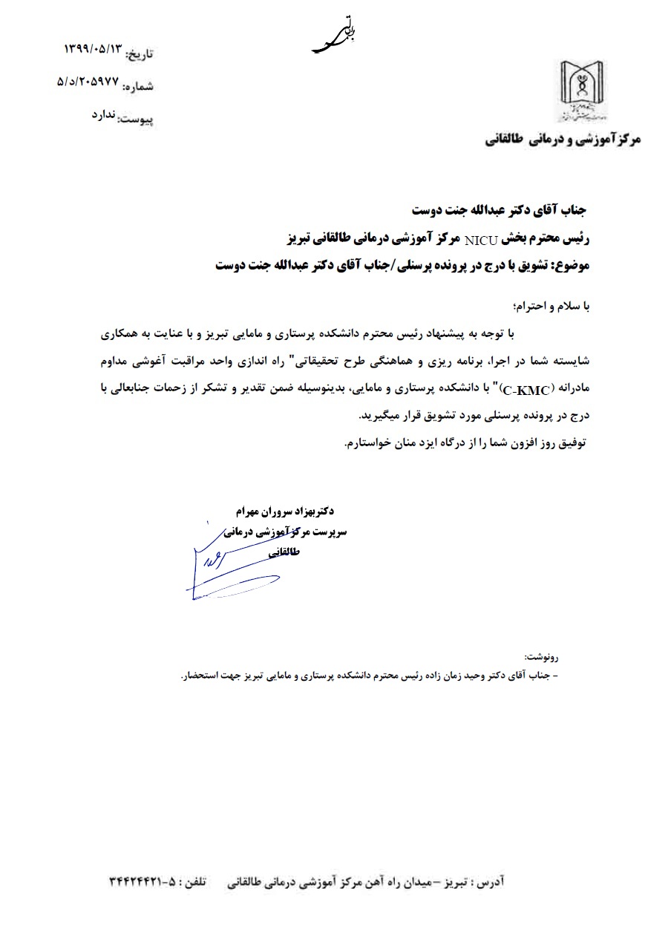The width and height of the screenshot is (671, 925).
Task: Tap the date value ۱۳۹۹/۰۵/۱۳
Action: click(x=92, y=50)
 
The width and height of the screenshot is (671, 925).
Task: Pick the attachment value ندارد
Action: click(x=104, y=115)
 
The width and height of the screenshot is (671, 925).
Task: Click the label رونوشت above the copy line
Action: click(x=540, y=657)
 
